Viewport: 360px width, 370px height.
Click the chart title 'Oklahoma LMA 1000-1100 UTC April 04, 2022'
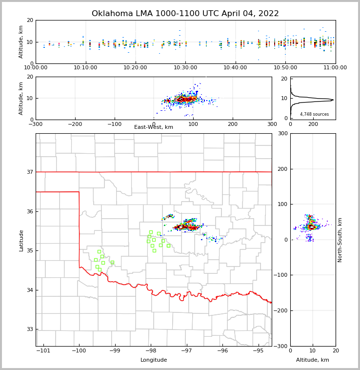coord(185,14)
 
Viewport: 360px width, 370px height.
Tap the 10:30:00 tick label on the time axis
coord(185,67)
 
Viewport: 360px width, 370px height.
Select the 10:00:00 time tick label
coord(36,67)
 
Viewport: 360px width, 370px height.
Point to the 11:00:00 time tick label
coord(335,67)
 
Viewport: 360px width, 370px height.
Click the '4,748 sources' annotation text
coord(314,114)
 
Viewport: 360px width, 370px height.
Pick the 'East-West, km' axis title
coord(154,127)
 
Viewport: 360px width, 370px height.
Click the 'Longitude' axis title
coord(154,360)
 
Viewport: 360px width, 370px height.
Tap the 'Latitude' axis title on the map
coord(21,240)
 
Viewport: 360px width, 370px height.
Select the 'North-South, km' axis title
coord(340,240)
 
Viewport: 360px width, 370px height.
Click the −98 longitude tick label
coord(150,350)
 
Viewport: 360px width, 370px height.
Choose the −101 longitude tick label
coord(43,350)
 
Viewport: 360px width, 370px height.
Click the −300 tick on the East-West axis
coord(36,124)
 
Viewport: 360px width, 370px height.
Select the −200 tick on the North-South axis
coord(282,310)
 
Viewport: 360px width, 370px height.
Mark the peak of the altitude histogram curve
coord(333,100)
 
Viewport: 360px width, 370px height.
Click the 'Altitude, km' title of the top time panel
coord(21,42)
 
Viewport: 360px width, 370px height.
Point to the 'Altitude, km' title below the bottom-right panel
coord(313,360)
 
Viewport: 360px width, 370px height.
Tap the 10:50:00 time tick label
coord(285,67)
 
